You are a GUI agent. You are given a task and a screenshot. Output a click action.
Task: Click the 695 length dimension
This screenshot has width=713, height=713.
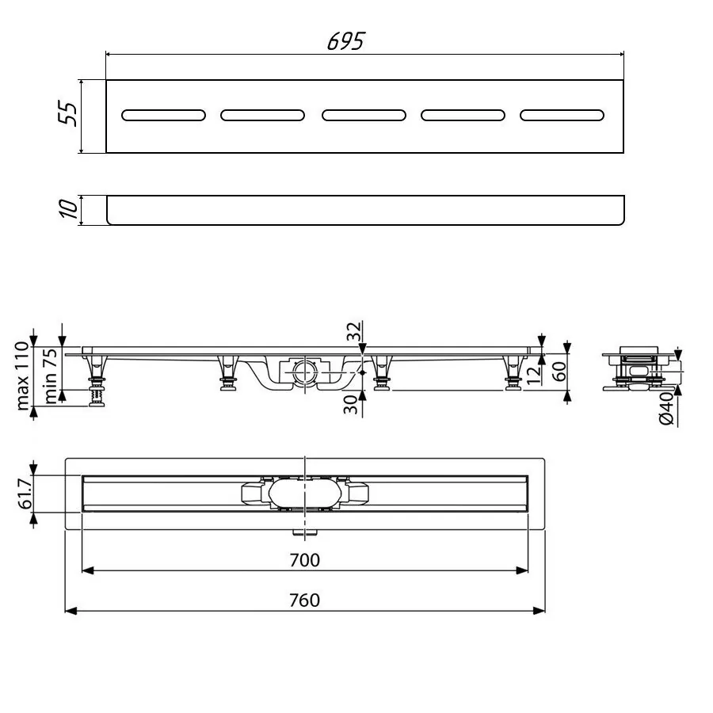pyautogui.click(x=345, y=41)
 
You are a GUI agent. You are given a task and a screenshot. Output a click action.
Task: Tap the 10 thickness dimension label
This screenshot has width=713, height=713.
pyautogui.click(x=69, y=210)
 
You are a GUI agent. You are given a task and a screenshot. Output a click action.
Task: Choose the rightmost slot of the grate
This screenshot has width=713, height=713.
pyautogui.click(x=562, y=116)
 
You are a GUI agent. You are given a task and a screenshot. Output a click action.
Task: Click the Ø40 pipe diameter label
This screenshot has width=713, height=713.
pyautogui.click(x=665, y=407)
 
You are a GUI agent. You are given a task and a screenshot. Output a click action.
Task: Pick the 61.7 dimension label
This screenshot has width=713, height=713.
pyautogui.click(x=24, y=494)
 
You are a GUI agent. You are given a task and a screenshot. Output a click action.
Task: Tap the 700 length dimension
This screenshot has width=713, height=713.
pyautogui.click(x=305, y=560)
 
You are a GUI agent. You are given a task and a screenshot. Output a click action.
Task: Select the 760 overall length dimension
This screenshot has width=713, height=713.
pyautogui.click(x=305, y=601)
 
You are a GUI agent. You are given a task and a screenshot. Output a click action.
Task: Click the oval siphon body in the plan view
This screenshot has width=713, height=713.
pyautogui.click(x=305, y=494)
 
